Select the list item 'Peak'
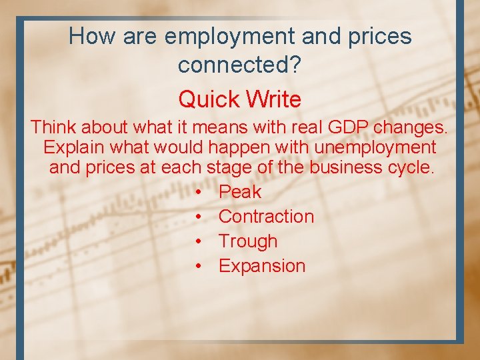(x=240, y=192)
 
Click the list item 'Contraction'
(x=266, y=216)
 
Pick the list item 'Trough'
(x=247, y=241)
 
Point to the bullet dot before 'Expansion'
(x=199, y=266)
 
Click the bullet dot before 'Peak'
(x=199, y=192)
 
